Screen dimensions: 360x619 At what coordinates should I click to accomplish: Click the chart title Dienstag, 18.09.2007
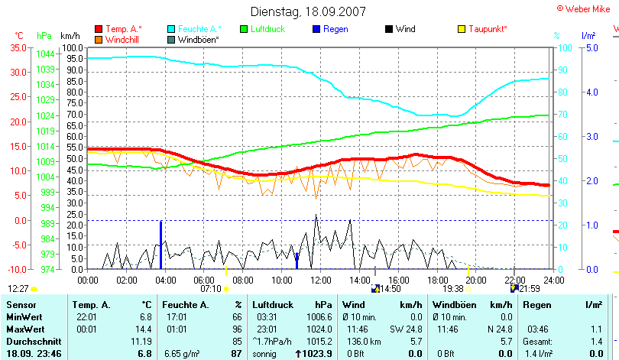pyautogui.click(x=309, y=11)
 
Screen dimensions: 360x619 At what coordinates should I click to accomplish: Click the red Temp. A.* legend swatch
pyautogui.click(x=99, y=29)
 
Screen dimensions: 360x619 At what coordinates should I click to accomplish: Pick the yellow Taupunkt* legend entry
pyautogui.click(x=488, y=29)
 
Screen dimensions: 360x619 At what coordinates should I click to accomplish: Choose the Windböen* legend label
pyautogui.click(x=199, y=40)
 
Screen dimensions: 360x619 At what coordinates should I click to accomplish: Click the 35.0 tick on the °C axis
pyautogui.click(x=18, y=47)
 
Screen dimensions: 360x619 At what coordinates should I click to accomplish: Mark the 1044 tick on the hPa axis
pyautogui.click(x=45, y=54)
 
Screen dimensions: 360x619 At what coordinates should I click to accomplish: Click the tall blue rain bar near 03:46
pyautogui.click(x=161, y=245)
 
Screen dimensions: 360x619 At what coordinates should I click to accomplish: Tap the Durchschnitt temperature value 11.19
pyautogui.click(x=142, y=341)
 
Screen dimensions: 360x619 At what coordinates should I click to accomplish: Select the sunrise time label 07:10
pyautogui.click(x=211, y=289)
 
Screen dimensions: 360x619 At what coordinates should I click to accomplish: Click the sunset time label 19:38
pyautogui.click(x=453, y=289)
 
